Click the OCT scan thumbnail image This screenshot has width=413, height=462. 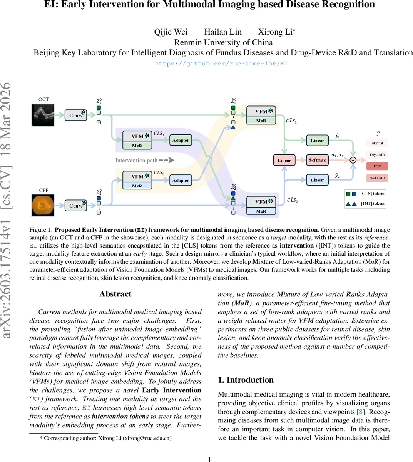coord(43,115)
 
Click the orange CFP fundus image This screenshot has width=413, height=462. coord(43,205)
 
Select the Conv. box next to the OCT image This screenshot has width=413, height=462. coord(75,115)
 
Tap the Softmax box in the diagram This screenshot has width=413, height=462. coord(318,160)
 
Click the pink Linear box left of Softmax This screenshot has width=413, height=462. coord(284,160)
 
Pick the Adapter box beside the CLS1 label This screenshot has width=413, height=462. coord(181,140)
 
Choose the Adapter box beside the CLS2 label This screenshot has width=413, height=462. coord(181,180)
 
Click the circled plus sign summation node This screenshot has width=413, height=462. coord(353,160)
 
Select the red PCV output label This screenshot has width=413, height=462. coord(377,166)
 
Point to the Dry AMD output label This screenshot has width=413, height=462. coord(377,155)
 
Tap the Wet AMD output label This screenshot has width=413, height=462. coord(377,178)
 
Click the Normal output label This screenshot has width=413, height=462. coord(377,143)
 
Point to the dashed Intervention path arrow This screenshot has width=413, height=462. coord(166,160)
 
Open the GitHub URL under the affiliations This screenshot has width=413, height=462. coord(221,64)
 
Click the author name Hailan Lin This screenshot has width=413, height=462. coord(223,32)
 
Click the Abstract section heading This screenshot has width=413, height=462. coord(115,294)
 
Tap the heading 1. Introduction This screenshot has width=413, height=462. coord(246,380)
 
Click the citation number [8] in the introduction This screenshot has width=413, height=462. coord(361,412)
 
